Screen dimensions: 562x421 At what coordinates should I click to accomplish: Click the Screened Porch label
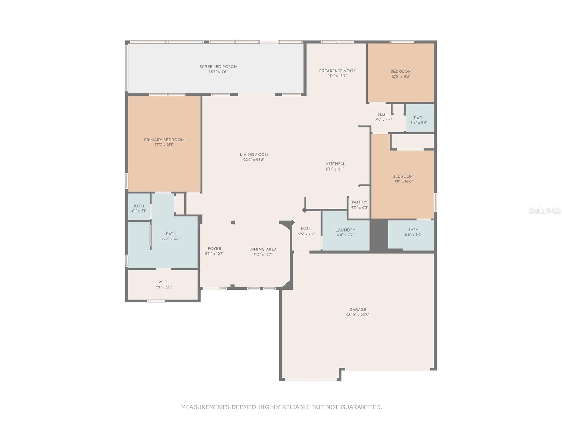click(x=218, y=67)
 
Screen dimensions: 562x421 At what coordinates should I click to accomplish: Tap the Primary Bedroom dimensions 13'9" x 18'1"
click(x=164, y=145)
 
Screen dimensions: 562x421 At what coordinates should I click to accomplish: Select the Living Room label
click(x=254, y=155)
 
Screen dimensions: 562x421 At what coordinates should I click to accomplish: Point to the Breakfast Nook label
click(x=337, y=71)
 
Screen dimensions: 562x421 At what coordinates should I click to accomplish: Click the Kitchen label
click(x=335, y=164)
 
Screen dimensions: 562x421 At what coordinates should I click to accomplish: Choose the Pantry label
click(x=359, y=202)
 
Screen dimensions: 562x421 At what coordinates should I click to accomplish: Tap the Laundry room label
click(x=345, y=230)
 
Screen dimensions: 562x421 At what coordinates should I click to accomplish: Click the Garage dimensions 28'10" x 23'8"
click(x=358, y=315)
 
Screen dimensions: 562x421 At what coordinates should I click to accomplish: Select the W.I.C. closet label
click(x=163, y=282)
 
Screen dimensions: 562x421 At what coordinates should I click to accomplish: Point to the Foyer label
click(x=214, y=249)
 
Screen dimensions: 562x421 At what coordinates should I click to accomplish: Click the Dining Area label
click(x=263, y=249)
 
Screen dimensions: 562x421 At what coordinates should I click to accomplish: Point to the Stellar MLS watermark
click(x=544, y=210)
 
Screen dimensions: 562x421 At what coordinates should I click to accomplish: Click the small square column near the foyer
click(x=233, y=222)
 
